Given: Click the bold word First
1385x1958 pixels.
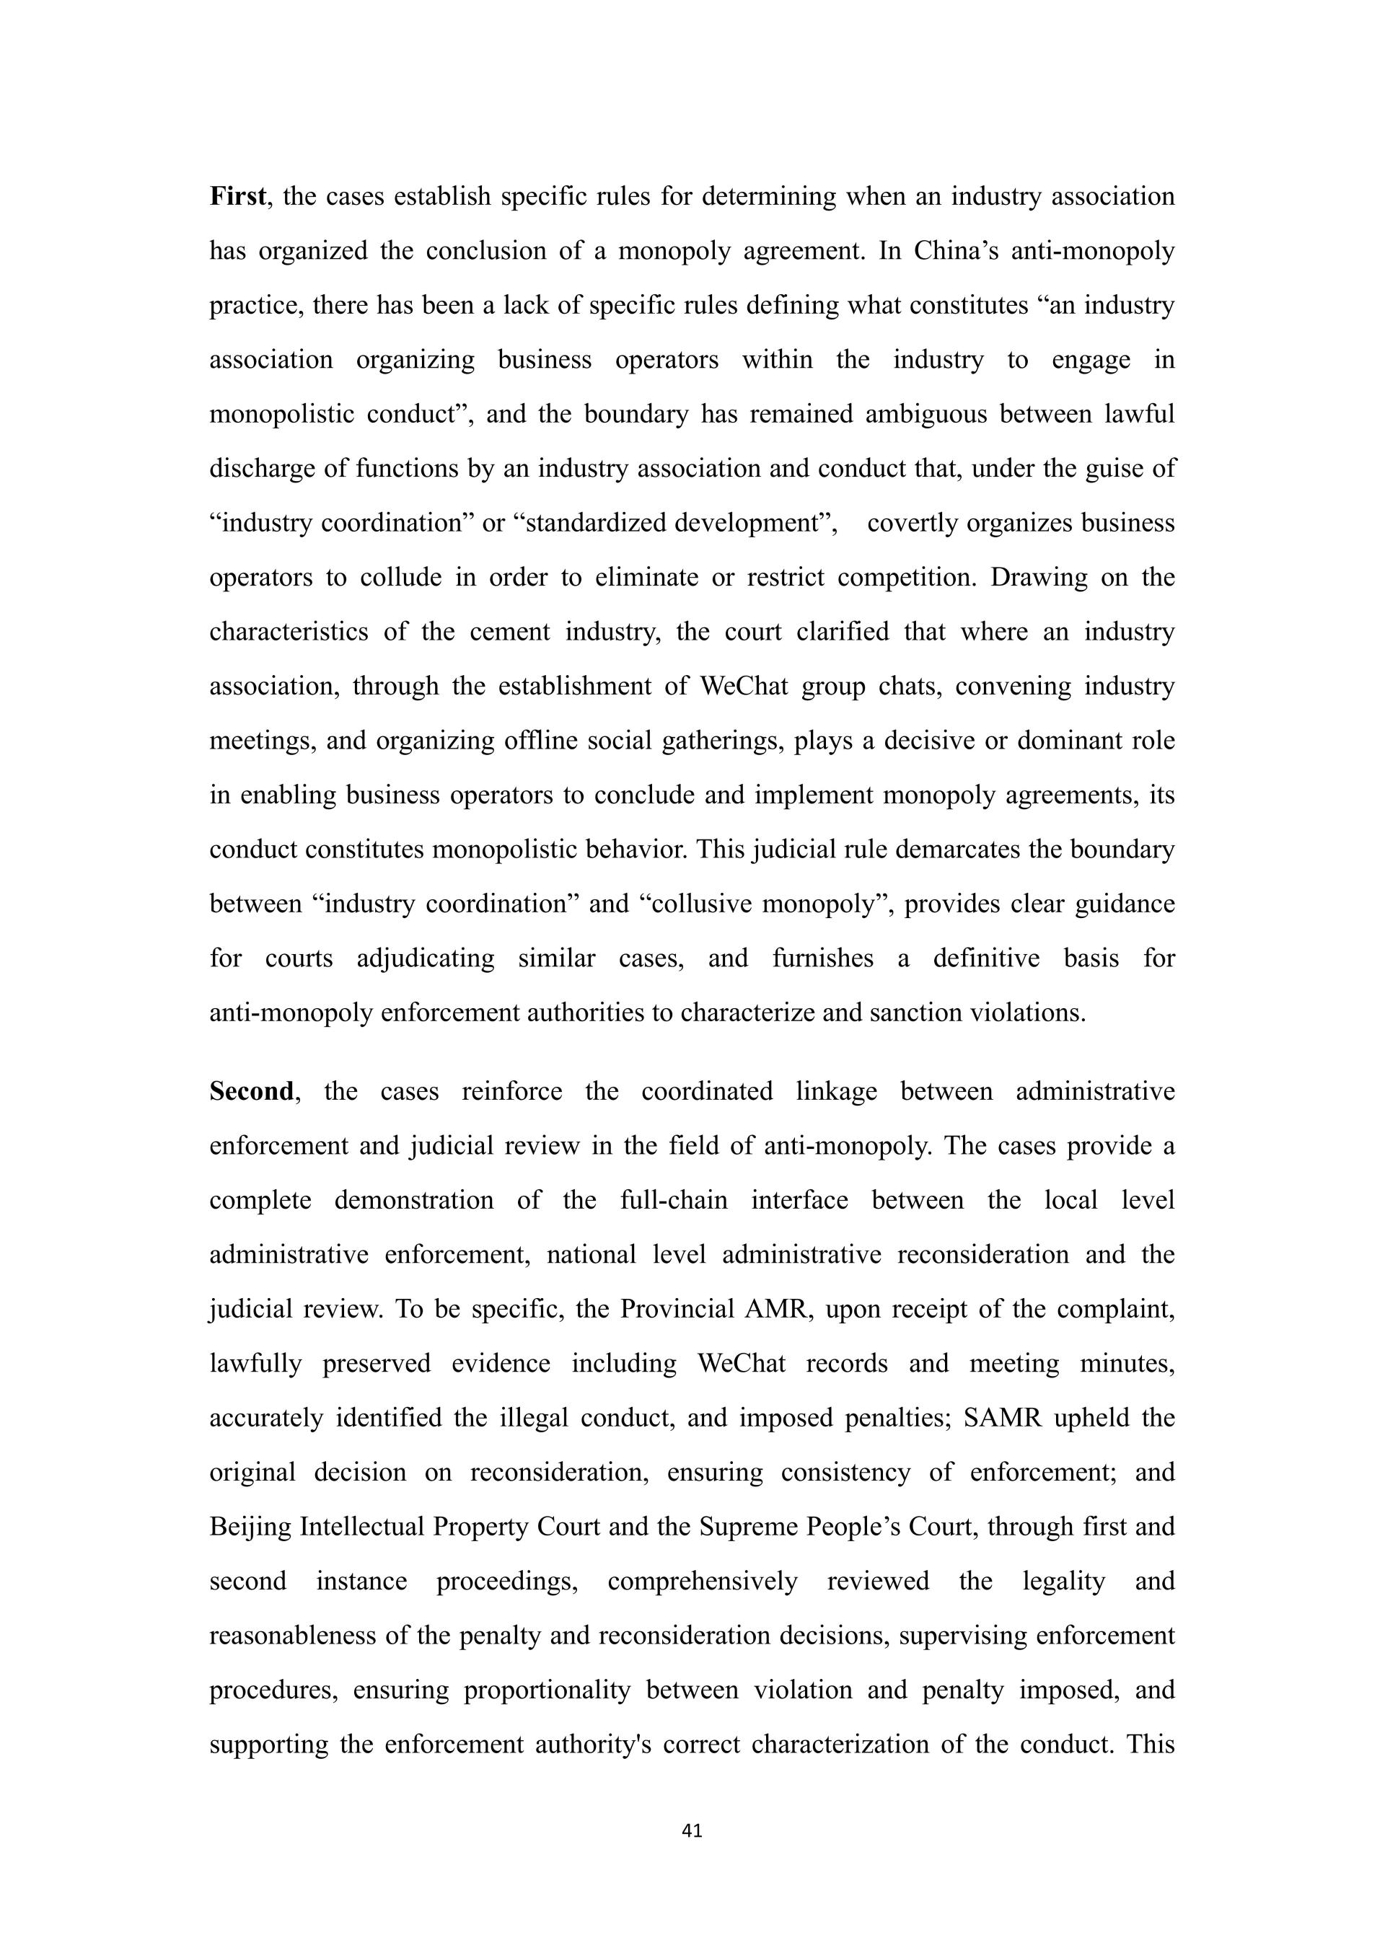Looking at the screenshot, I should (237, 197).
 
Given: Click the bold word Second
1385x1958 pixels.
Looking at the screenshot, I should (252, 1092).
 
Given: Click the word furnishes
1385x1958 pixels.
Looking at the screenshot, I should (822, 958).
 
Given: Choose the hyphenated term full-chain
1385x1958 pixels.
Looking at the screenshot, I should (674, 1201).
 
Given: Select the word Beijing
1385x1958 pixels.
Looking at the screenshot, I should (251, 1527).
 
